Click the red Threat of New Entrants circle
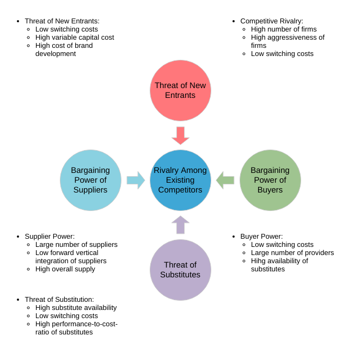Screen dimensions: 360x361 [180, 90]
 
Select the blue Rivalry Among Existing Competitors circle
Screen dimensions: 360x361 [180, 180]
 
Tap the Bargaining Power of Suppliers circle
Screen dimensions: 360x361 [90, 180]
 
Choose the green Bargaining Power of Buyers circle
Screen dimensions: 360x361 [270, 180]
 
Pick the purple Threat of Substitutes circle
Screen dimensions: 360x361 [180, 270]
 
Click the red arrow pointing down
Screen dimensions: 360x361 [180, 135]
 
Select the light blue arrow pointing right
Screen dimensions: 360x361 [136, 180]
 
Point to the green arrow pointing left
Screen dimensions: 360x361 [225, 180]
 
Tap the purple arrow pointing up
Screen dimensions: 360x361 [180, 225]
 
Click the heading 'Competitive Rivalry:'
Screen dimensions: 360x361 [272, 21]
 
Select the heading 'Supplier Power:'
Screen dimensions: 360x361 [50, 237]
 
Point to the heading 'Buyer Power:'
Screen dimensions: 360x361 [261, 237]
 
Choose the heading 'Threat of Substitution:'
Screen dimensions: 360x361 [59, 300]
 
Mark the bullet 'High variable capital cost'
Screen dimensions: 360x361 [75, 38]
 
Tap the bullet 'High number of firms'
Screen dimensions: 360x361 [284, 29]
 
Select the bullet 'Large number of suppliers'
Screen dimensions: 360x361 [76, 245]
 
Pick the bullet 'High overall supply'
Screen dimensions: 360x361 [65, 269]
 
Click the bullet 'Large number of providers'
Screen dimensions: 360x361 [292, 253]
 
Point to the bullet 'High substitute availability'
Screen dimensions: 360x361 [76, 308]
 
